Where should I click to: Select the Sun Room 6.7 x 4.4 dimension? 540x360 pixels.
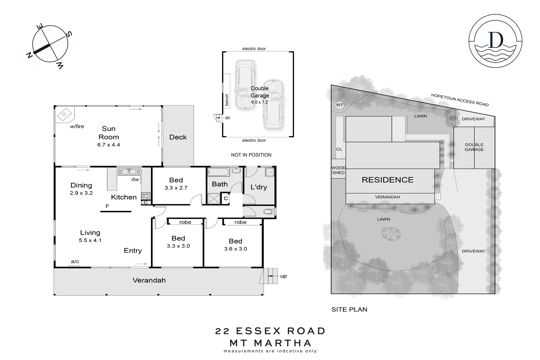pyautogui.click(x=109, y=145)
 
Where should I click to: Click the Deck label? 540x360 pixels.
pyautogui.click(x=178, y=137)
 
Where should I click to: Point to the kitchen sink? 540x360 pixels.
pyautogui.click(x=129, y=172)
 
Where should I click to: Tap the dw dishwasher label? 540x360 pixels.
pyautogui.click(x=135, y=179)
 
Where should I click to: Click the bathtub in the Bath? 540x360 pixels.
pyautogui.click(x=219, y=172)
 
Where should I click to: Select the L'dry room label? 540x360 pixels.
pyautogui.click(x=259, y=187)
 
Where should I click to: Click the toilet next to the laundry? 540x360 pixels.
pyautogui.click(x=269, y=211)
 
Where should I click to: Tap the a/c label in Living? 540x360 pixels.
pyautogui.click(x=75, y=261)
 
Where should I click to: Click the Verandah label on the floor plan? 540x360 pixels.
pyautogui.click(x=149, y=280)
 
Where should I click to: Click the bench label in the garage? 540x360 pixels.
pyautogui.click(x=227, y=100)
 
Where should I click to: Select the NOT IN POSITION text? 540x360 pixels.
pyautogui.click(x=251, y=155)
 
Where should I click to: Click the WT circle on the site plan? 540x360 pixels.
pyautogui.click(x=339, y=105)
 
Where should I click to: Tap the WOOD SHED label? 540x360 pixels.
pyautogui.click(x=338, y=170)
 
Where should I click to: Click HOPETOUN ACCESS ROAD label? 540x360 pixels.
pyautogui.click(x=460, y=100)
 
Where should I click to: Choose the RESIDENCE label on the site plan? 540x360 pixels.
pyautogui.click(x=387, y=180)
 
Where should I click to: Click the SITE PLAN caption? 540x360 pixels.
pyautogui.click(x=349, y=309)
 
